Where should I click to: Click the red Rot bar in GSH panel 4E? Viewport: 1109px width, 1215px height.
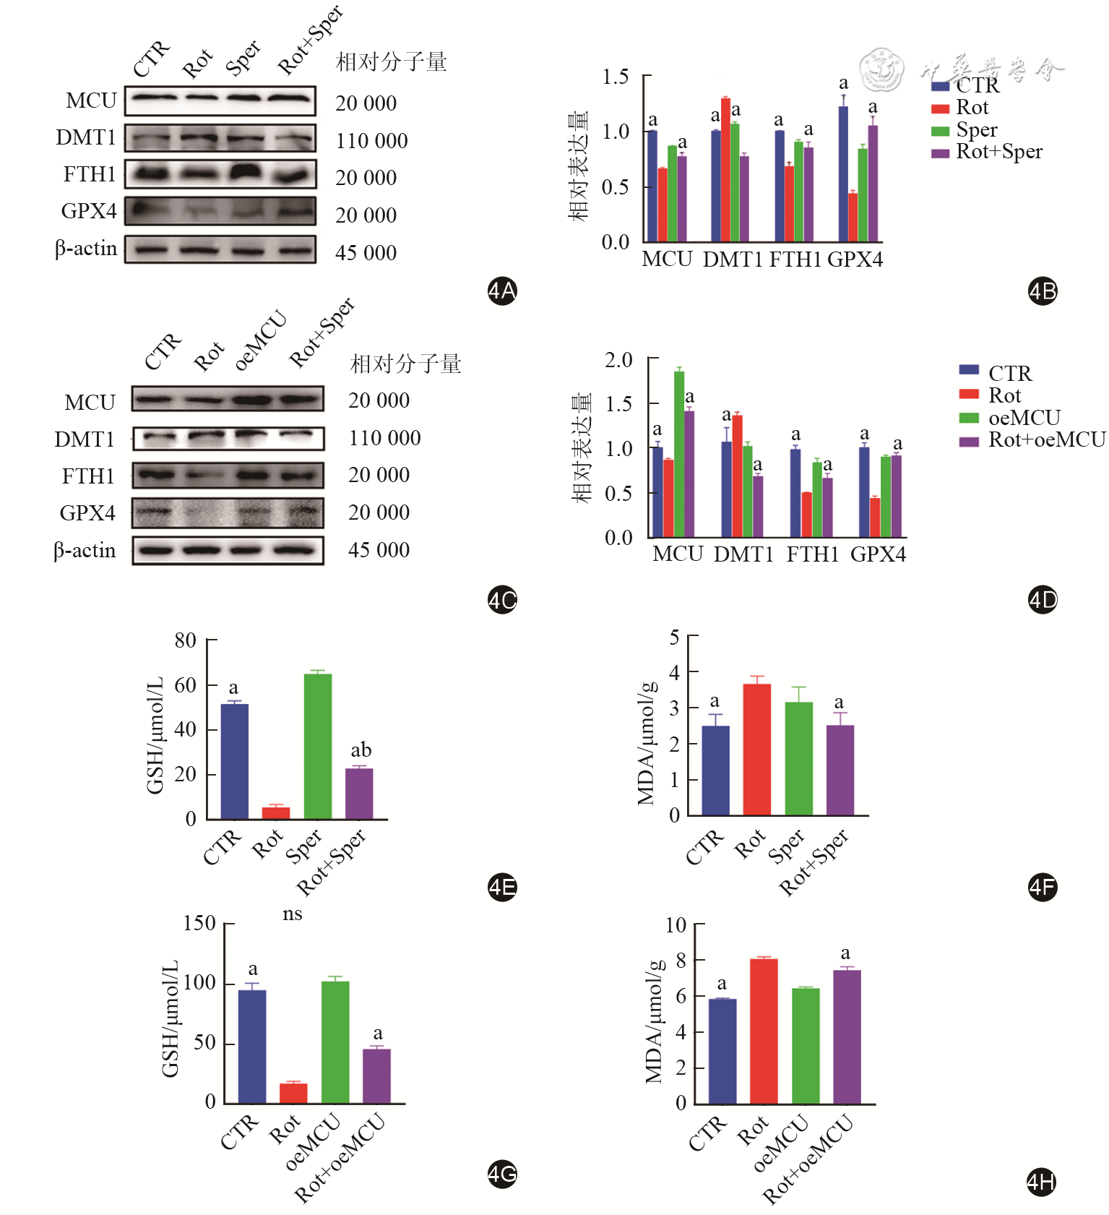pos(275,812)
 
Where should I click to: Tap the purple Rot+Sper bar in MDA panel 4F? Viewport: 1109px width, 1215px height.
pos(840,770)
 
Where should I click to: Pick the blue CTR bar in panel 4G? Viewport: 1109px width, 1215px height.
pos(251,1046)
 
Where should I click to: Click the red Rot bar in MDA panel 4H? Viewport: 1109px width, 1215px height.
pos(763,1031)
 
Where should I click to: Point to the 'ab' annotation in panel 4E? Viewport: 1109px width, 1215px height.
pos(361,750)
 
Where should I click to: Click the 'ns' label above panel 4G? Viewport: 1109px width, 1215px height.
pos(292,914)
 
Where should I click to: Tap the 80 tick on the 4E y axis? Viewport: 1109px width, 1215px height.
pos(186,640)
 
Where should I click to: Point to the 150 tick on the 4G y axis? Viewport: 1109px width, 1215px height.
pos(199,923)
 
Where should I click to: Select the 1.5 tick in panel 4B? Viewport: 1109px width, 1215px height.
pos(615,77)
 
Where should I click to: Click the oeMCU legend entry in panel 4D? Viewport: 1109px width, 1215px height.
pos(1024,418)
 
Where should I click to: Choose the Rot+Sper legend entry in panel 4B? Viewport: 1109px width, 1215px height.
pos(998,152)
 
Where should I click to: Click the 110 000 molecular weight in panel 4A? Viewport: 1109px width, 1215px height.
pos(371,141)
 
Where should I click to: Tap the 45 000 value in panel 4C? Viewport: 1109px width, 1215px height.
pos(379,550)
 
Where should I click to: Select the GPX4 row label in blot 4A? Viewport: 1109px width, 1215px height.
pos(89,211)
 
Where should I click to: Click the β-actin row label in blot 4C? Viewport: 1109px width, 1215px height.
pos(85,551)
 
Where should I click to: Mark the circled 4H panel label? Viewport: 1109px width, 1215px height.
pos(1041,1182)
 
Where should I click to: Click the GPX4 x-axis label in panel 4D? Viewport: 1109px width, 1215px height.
pos(878,554)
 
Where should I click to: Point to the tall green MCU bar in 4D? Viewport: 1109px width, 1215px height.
pos(679,453)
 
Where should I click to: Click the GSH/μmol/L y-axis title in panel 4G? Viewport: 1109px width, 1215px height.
pos(170,1019)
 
